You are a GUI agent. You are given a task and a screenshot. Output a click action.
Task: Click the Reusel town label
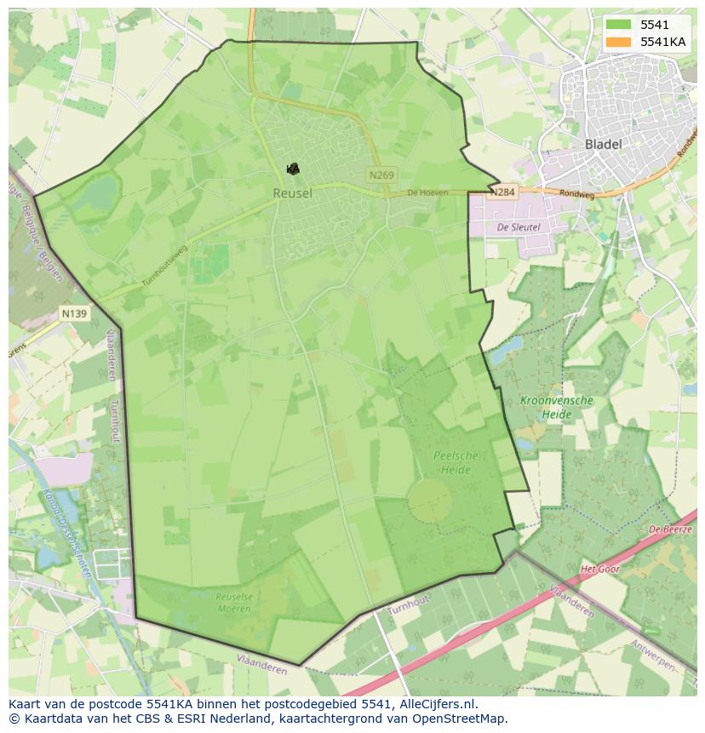coord(292,193)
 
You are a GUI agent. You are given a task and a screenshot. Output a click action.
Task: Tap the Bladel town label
coord(603,144)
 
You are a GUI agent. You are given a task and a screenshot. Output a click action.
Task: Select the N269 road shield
coord(381,175)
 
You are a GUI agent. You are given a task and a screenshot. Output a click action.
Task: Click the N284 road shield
coord(502,192)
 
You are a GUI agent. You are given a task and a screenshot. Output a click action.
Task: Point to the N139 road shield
coord(74,314)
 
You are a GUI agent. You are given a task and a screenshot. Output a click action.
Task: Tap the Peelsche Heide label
coord(456,462)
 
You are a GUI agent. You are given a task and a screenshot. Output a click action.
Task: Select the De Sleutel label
coord(519,227)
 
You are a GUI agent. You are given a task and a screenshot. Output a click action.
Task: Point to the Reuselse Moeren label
coord(234,603)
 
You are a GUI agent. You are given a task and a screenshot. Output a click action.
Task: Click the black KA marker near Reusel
coord(293,169)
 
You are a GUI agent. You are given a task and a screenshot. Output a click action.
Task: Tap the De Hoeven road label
coord(427,193)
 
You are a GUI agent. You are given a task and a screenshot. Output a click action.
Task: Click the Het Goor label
coord(599,568)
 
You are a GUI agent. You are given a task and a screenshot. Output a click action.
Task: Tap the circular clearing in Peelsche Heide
coord(430,500)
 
